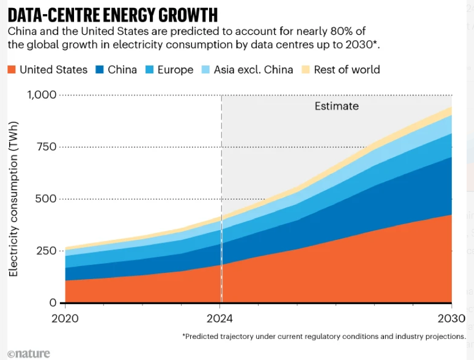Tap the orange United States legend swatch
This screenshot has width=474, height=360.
(11, 69)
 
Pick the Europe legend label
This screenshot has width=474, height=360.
(175, 70)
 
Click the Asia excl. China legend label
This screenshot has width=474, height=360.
(254, 70)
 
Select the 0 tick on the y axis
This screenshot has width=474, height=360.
(53, 303)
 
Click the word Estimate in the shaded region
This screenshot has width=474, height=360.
(337, 106)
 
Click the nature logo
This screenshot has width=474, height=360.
(29, 353)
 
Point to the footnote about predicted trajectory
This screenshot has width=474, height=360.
(324, 336)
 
